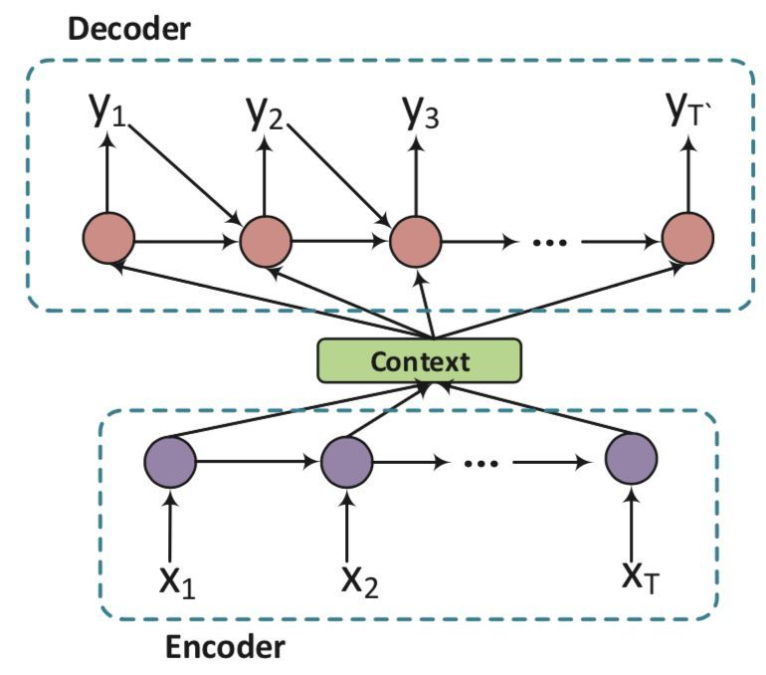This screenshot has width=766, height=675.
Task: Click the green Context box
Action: (419, 360)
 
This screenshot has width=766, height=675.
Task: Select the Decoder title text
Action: (128, 29)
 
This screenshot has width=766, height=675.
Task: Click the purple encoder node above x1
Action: (171, 461)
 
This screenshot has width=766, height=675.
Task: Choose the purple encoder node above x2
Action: (347, 461)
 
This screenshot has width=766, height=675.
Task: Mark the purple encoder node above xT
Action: (632, 461)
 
